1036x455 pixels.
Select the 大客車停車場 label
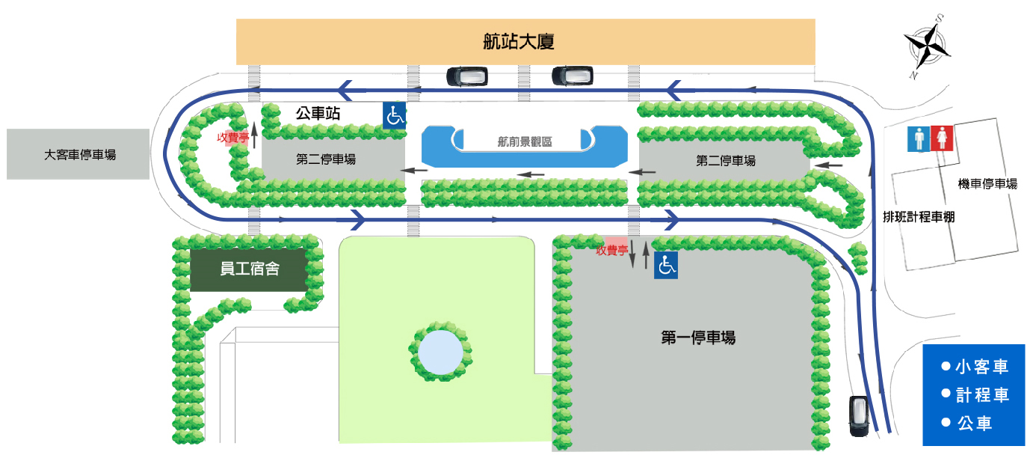pyautogui.click(x=80, y=155)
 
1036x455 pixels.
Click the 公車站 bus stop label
pyautogui.click(x=318, y=114)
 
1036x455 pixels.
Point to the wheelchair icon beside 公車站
pyautogui.click(x=395, y=116)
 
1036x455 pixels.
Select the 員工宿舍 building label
pyautogui.click(x=250, y=269)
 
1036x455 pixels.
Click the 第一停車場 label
pyautogui.click(x=698, y=338)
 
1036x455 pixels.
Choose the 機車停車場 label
pyautogui.click(x=987, y=183)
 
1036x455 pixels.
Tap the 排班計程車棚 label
pyautogui.click(x=919, y=217)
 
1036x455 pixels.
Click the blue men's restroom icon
pyautogui.click(x=917, y=138)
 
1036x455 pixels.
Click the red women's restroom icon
pyautogui.click(x=943, y=138)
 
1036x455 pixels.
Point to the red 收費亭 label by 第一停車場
pyautogui.click(x=611, y=251)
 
